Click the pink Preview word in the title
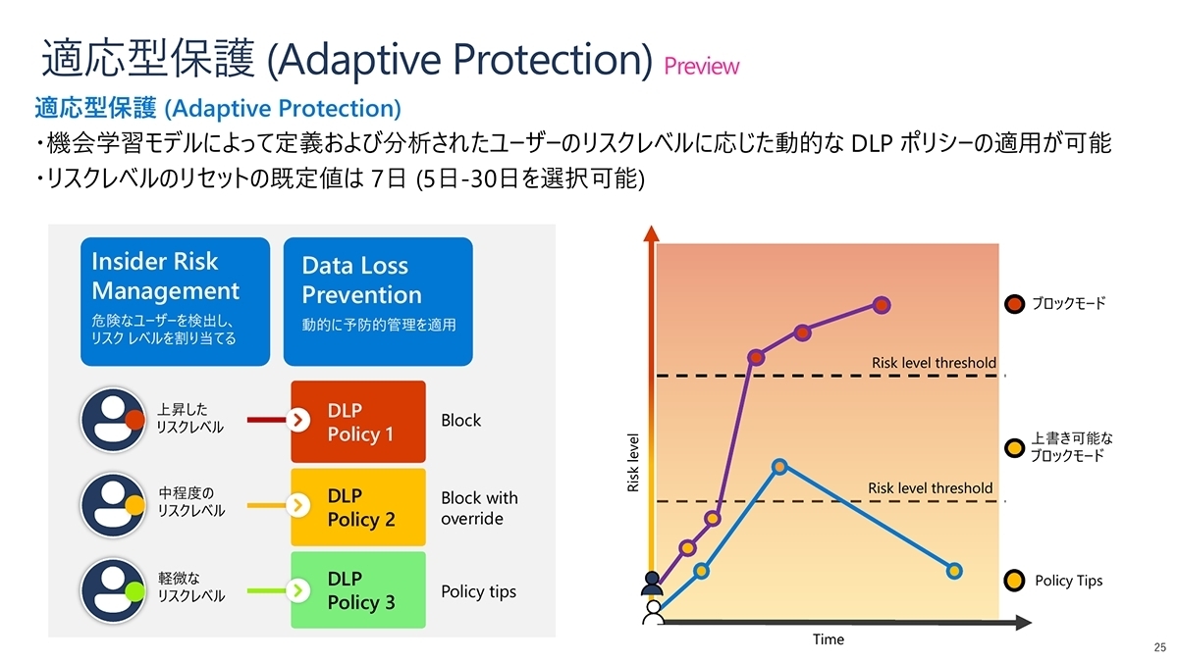coord(701,66)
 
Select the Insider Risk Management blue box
coord(175,301)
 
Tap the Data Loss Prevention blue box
coord(377,301)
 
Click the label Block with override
coord(479,508)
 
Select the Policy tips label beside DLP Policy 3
coord(478,591)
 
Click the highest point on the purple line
coord(882,305)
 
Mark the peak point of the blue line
coord(778,467)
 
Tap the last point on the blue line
coord(954,570)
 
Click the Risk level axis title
coord(633,462)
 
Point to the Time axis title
coord(828,639)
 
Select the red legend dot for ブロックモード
coord(1016,303)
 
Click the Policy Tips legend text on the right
coord(1068,581)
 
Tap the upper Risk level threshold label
coord(934,363)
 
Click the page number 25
coord(1159,647)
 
